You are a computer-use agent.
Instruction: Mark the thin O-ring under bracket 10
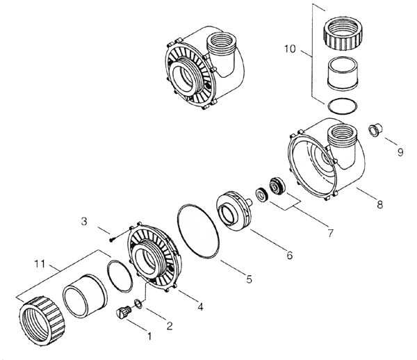(x=343, y=106)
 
